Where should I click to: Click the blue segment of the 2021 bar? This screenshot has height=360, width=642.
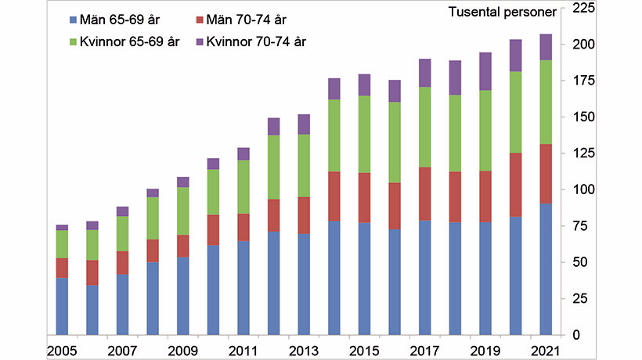[546, 268]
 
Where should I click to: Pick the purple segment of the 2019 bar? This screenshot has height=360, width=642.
[485, 71]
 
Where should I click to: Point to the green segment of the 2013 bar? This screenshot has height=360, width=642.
[304, 165]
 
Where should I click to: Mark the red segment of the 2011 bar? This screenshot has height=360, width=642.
[243, 227]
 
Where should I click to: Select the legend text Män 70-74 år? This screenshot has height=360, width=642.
[247, 19]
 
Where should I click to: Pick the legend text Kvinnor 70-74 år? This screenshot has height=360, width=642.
[256, 41]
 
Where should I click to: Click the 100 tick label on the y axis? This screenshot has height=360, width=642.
[583, 189]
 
